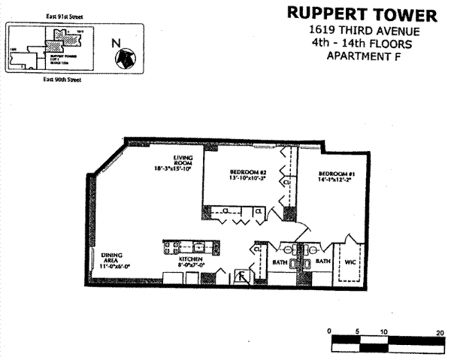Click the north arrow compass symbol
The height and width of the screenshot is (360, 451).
(126, 56)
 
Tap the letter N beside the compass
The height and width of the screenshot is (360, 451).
(115, 43)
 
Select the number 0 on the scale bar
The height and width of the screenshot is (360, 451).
(331, 331)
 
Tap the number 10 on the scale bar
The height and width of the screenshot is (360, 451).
(384, 331)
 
